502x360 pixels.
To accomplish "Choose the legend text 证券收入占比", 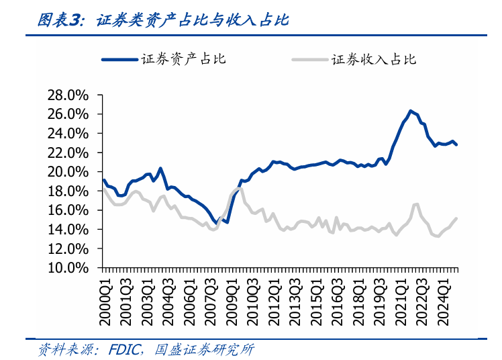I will [x=374, y=59].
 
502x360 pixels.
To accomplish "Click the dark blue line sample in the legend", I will [x=120, y=59].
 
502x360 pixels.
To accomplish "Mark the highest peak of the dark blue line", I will [x=410, y=111].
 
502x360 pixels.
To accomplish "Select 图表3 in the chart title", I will [x=58, y=20].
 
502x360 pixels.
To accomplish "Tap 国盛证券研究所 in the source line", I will [x=204, y=350].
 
